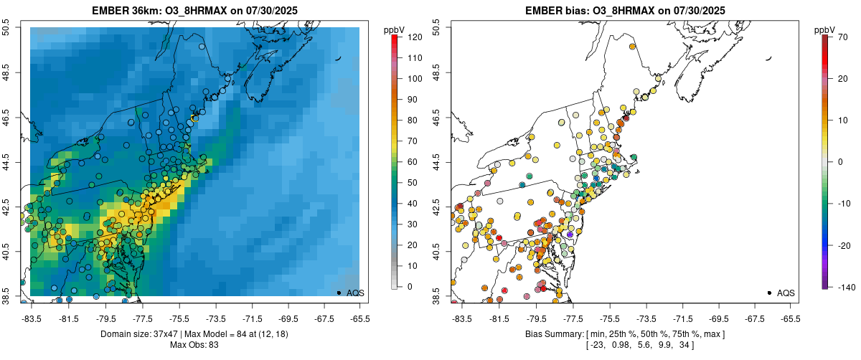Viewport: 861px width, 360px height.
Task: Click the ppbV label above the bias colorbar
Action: (825, 29)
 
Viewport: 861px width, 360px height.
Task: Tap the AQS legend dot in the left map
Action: (339, 293)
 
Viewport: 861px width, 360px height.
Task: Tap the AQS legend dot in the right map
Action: (769, 293)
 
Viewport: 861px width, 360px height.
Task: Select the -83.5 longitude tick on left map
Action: (31, 318)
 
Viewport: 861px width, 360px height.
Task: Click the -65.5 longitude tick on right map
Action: (789, 318)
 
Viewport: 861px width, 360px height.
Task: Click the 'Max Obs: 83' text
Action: (194, 345)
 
